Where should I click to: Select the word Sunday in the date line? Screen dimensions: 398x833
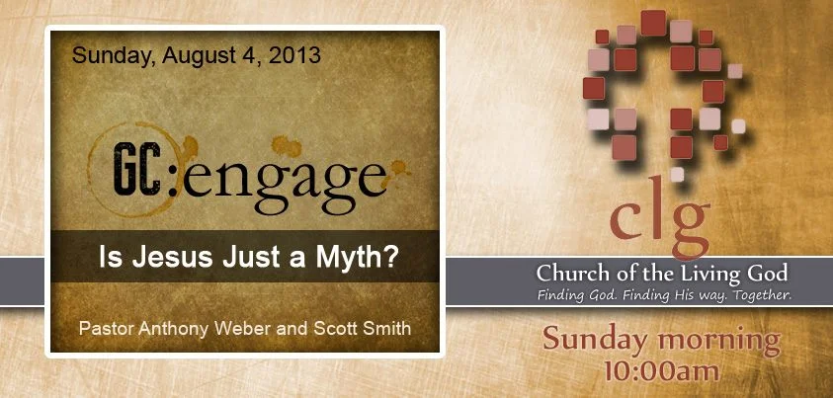(107, 55)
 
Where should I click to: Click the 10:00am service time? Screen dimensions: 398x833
(661, 372)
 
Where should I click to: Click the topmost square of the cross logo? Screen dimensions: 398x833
(653, 22)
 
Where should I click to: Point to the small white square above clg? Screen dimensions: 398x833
(677, 175)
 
